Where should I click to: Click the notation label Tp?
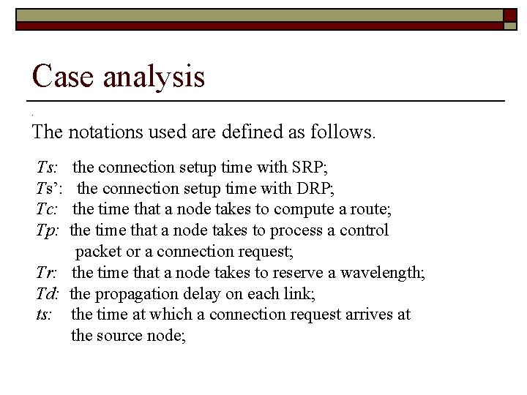[x=48, y=231]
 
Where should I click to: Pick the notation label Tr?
[x=48, y=273]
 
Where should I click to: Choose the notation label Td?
[x=48, y=293]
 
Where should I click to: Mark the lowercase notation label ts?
[x=45, y=315]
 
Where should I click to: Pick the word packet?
[x=98, y=252]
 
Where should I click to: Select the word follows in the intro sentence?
[x=345, y=133]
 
